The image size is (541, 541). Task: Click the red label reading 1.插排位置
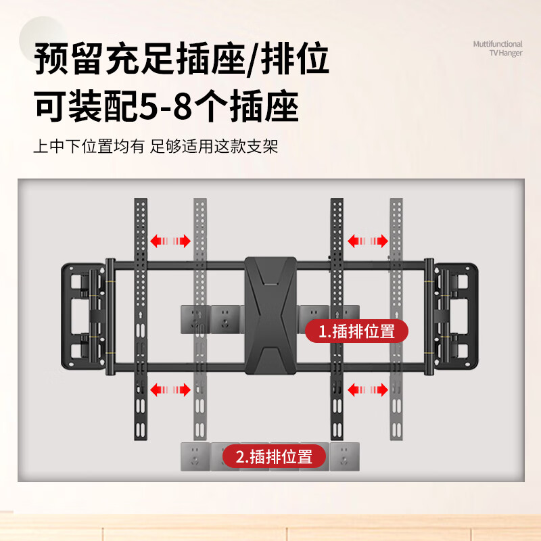click(x=356, y=331)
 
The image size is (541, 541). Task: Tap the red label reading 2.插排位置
click(x=275, y=456)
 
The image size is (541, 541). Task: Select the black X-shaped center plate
click(x=270, y=315)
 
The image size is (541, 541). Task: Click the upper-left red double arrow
click(x=170, y=241)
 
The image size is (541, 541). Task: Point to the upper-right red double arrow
click(x=368, y=241)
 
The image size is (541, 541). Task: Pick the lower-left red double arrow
click(x=170, y=389)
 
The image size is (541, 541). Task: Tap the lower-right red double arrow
click(x=368, y=389)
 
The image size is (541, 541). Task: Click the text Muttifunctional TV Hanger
click(x=497, y=48)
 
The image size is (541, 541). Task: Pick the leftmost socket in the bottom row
click(x=195, y=456)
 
